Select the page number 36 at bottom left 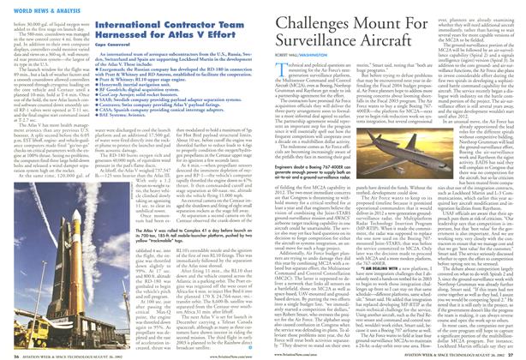[9, 351]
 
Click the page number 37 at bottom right [517, 351]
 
